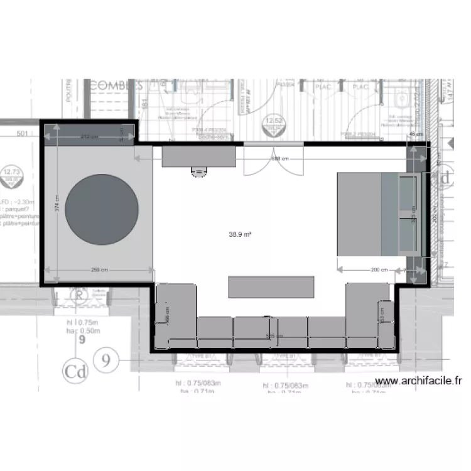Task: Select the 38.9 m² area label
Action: tap(241, 234)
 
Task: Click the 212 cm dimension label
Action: tap(90, 136)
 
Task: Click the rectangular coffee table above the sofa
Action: tap(271, 286)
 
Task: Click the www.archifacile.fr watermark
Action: tap(418, 381)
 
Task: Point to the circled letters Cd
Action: tap(75, 371)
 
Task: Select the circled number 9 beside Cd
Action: tap(107, 360)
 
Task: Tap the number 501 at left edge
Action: tap(23, 133)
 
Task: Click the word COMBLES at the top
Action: tap(117, 85)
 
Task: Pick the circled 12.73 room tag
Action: tap(11, 174)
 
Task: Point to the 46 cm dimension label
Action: tap(415, 134)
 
